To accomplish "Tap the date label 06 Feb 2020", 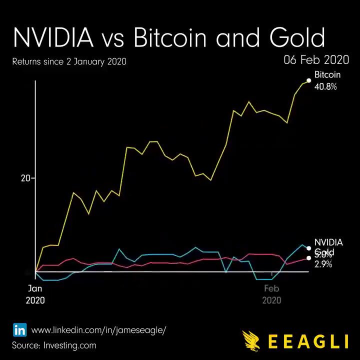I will [x=316, y=60].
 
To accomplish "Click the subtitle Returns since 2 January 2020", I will [x=69, y=62].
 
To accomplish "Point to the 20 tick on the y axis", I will [x=25, y=178].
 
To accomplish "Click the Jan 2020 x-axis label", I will [x=35, y=294].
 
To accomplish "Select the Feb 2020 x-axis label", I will [x=271, y=294].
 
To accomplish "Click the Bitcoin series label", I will [x=327, y=75].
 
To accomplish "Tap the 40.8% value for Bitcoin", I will [x=325, y=86].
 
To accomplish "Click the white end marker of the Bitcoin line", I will [x=309, y=81].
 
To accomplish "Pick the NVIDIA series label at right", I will [x=328, y=242].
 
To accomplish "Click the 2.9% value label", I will [x=323, y=264].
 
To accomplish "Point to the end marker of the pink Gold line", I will [x=309, y=258].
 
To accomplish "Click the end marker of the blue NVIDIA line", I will [x=309, y=248].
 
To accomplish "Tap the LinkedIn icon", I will [x=19, y=330].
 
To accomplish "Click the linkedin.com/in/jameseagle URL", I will [x=98, y=330].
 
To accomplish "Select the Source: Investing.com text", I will [x=54, y=345].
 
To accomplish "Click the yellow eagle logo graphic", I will [x=251, y=340].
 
